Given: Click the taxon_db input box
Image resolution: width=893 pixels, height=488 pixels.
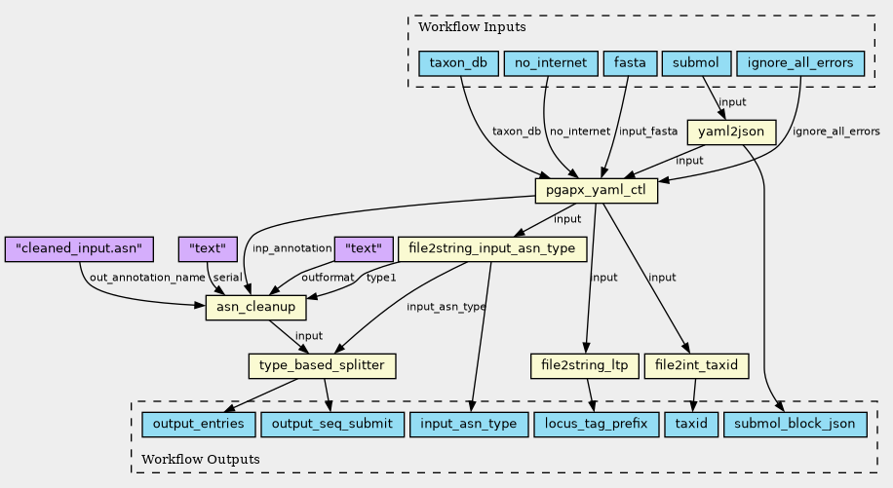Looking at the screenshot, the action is point(458,63).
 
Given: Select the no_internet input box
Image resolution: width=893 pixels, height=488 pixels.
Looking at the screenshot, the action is point(551,63).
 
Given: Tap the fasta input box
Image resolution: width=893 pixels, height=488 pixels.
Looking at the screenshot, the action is point(630,63).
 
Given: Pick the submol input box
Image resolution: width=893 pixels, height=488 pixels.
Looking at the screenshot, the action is point(696,63).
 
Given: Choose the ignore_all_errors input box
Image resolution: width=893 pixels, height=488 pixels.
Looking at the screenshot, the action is point(800,63).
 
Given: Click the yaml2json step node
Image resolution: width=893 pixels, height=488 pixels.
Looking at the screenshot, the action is point(731,131).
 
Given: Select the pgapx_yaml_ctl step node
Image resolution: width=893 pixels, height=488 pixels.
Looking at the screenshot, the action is point(597,191).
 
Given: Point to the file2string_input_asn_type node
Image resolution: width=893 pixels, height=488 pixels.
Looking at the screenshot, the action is point(492,249).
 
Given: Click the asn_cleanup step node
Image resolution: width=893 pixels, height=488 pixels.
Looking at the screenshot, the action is point(255,308).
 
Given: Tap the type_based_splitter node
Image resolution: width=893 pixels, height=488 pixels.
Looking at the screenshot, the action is point(322,365).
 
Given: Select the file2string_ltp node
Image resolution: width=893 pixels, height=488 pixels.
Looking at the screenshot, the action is point(585,365).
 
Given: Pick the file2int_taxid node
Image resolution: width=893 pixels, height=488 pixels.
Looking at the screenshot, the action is point(696,365).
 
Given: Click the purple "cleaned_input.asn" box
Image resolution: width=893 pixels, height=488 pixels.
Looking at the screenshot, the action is point(79,249).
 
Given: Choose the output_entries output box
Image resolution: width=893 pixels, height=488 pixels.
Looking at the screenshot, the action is point(199,425).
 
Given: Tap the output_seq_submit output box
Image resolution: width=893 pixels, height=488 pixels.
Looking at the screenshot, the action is point(332,425).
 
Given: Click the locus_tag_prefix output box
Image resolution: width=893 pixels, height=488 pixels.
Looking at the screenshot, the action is point(597,425).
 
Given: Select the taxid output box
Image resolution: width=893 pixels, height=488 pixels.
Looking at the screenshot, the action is point(691,425).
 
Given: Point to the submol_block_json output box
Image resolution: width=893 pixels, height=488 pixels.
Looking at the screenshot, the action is point(796,425).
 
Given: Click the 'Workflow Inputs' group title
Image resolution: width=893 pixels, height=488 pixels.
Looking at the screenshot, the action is point(472,26).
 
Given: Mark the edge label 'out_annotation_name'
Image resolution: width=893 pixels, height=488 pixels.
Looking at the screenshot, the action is point(147,278).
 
